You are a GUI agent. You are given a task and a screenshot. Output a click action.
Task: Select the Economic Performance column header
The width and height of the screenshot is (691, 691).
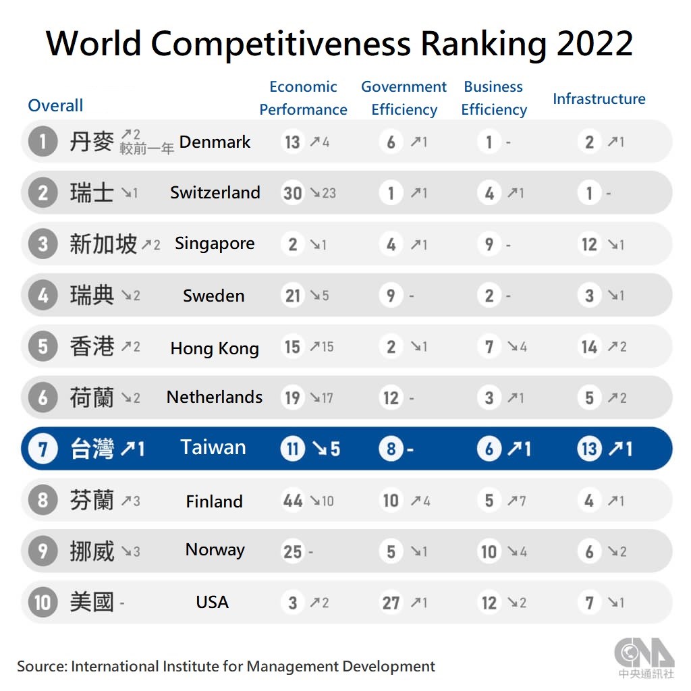pos(303,98)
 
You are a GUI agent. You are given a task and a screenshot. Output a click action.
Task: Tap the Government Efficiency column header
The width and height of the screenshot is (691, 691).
pos(404,98)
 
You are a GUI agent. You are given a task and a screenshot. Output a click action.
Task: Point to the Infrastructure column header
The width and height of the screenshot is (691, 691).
pos(599,99)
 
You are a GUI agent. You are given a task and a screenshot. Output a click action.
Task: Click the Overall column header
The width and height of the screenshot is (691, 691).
pos(55,105)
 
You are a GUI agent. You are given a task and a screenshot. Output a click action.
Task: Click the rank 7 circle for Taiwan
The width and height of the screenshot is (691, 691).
pos(43,449)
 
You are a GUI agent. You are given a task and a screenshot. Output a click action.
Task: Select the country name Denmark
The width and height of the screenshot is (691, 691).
pos(215,142)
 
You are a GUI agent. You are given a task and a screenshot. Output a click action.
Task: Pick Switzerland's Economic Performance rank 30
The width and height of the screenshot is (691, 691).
pos(292,193)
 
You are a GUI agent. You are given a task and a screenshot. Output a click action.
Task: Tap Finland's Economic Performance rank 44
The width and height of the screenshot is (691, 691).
pos(292,501)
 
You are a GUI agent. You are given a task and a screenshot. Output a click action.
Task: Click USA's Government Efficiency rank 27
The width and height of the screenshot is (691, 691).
pos(391,602)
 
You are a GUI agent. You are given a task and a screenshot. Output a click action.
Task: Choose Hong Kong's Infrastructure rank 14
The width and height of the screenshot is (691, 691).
pos(589,347)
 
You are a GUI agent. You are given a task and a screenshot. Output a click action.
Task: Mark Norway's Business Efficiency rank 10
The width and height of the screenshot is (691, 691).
pos(489,551)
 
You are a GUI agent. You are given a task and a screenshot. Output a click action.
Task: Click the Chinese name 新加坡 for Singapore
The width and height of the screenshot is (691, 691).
pos(103,244)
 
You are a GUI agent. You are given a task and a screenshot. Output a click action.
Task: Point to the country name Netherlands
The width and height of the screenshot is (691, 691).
pos(215,397)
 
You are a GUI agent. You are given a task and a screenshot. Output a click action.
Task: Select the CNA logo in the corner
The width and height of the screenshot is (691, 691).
pos(644,655)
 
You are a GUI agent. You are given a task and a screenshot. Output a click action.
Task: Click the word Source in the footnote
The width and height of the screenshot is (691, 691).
pos(41,666)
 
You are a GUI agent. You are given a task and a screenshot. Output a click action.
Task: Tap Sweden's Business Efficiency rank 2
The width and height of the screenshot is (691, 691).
pos(489,296)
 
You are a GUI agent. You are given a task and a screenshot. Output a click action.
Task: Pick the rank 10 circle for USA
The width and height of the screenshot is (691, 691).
pos(43,602)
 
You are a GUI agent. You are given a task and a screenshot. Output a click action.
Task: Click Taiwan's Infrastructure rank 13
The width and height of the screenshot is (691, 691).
pos(589,449)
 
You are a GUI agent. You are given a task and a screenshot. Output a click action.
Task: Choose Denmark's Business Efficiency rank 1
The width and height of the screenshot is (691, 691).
pos(489,142)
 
